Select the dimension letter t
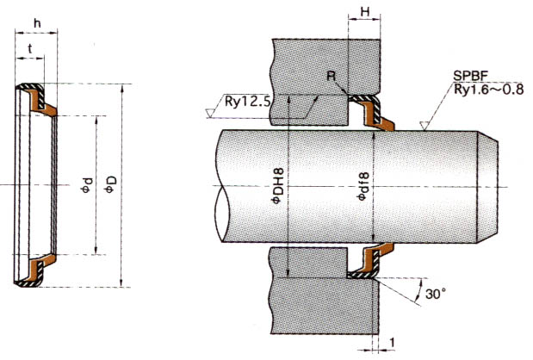30,49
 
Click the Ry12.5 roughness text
248,102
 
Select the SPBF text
470,78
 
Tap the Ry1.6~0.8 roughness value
483,91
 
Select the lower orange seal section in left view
40,268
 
